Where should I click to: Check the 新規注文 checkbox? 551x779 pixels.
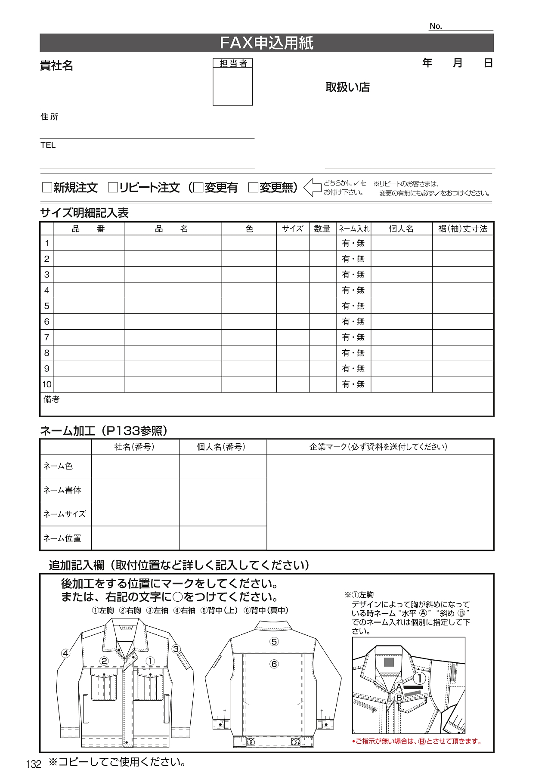coord(46,188)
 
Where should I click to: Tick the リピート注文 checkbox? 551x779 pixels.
coord(113,188)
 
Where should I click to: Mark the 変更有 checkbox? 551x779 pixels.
coord(198,188)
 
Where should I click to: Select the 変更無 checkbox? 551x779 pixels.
coord(253,188)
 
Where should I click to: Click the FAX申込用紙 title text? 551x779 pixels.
coord(266,43)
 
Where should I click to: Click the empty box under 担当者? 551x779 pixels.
coord(232,87)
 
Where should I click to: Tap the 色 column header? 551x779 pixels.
coord(249,229)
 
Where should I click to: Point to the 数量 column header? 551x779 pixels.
coord(322,229)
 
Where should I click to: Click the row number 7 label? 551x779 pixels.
coord(47,337)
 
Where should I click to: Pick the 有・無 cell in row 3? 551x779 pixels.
coord(353,275)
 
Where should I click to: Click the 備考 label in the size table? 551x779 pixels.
coord(52,399)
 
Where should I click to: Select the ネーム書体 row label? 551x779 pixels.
coord(62,490)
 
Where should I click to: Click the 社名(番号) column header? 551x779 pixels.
coord(134,447)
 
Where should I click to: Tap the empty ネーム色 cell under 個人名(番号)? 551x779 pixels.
coord(223,466)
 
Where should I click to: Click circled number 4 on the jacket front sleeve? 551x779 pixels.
coord(65,653)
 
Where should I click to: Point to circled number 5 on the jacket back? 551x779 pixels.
coord(274,642)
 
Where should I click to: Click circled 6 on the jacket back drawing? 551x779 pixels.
coord(274,664)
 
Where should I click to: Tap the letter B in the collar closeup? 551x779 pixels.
coord(399,698)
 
